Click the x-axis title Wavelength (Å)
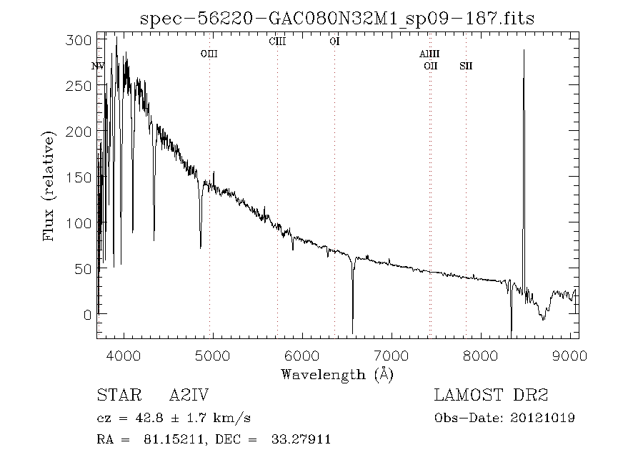click(x=337, y=373)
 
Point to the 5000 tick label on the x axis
click(x=213, y=355)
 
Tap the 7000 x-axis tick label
click(x=392, y=355)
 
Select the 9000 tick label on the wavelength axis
click(x=570, y=355)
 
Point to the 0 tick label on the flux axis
click(x=87, y=314)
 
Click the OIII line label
click(x=209, y=54)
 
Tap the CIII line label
click(x=277, y=41)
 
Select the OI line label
click(x=334, y=41)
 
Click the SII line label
click(x=466, y=67)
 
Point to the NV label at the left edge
click(x=99, y=67)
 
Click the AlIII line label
click(x=429, y=54)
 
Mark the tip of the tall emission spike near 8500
click(x=524, y=50)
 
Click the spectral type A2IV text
click(x=189, y=395)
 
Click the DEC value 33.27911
click(x=300, y=439)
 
